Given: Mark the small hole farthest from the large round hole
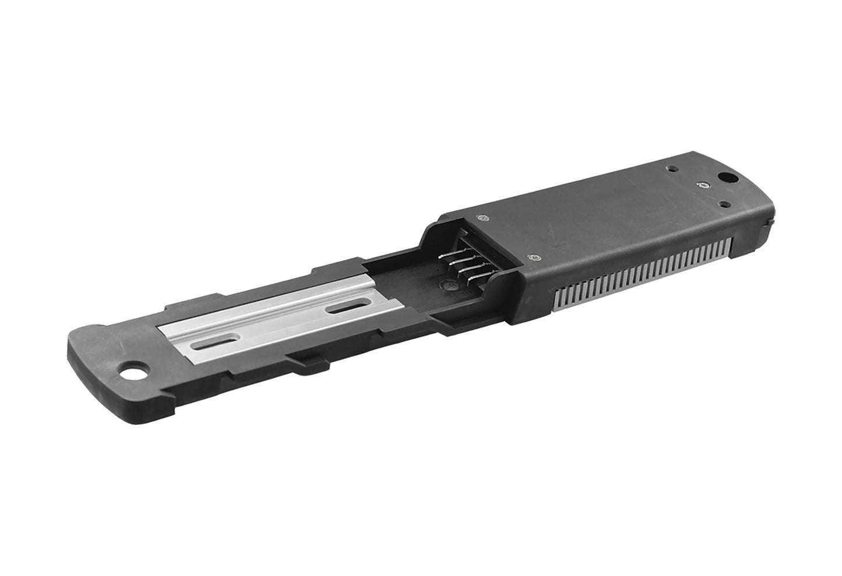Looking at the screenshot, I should click(674, 169).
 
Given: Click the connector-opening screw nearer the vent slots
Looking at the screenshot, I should click(532, 256).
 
